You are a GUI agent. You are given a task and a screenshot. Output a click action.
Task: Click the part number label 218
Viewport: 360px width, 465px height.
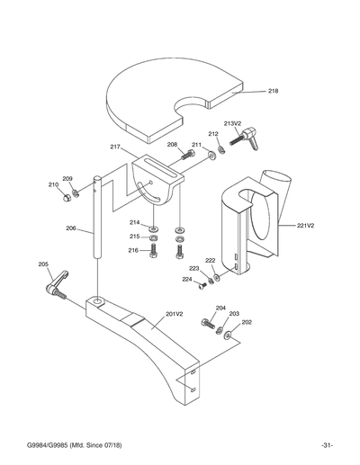click(x=273, y=91)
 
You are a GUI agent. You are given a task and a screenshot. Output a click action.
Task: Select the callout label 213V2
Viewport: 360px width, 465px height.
click(x=232, y=123)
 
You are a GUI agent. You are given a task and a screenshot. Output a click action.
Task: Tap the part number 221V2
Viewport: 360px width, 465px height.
click(x=305, y=227)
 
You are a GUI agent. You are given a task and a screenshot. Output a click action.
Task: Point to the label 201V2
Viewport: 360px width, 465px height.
click(x=174, y=315)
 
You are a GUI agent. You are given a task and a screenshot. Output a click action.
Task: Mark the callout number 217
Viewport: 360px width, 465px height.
click(x=115, y=147)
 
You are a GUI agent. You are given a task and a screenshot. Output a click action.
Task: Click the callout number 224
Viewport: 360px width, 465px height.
click(x=187, y=280)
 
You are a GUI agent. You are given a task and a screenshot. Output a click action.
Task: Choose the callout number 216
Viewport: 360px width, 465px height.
click(x=132, y=250)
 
